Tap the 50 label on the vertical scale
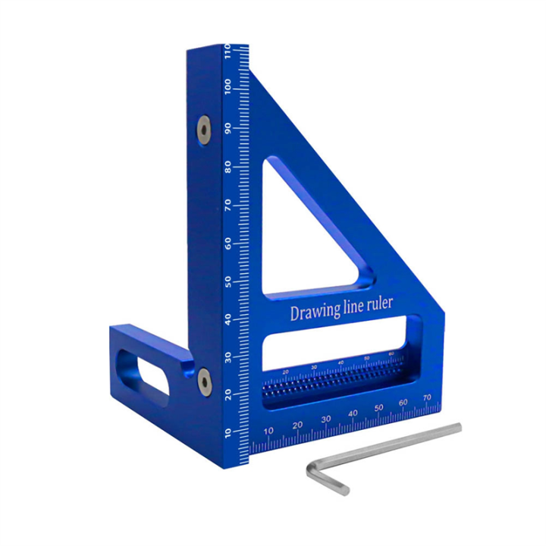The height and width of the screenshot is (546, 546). pos(227,282)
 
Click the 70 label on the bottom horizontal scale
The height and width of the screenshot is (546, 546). pos(428,396)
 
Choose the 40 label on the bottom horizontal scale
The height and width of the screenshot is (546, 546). pos(352,413)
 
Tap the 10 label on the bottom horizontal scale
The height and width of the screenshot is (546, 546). pos(268,431)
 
